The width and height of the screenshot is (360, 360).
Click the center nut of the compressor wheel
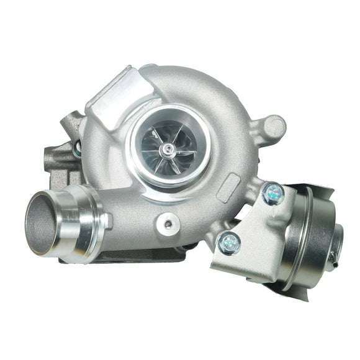(x=168, y=148)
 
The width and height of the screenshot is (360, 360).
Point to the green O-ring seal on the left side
(x=78, y=146)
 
